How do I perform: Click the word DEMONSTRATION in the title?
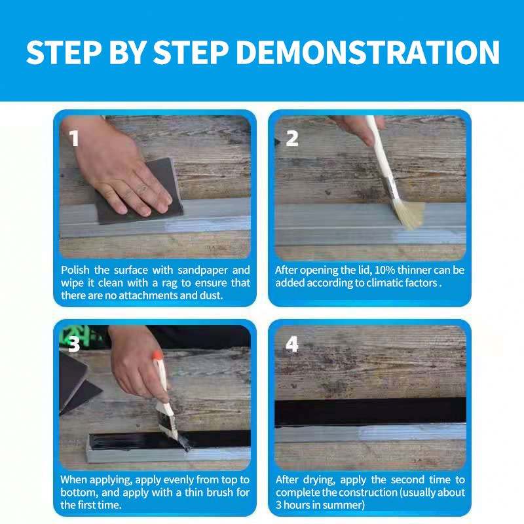point(368,52)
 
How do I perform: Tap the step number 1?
point(74,138)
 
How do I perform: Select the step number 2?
point(291,138)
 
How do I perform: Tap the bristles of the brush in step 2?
point(408,214)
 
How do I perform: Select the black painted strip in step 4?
point(370,412)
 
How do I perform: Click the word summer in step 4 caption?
point(345,505)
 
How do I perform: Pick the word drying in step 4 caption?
point(319,480)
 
